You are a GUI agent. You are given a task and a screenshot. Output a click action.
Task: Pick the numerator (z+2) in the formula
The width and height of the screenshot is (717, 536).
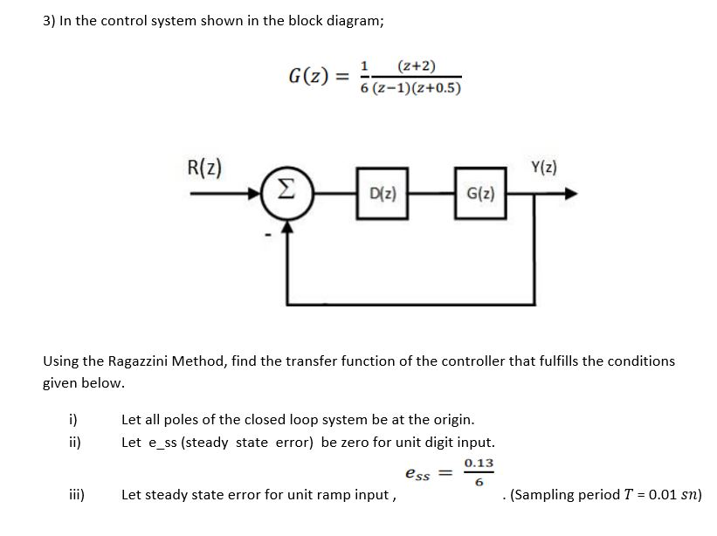417,66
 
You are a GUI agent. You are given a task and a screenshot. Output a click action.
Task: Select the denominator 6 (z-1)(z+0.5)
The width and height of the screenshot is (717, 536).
410,88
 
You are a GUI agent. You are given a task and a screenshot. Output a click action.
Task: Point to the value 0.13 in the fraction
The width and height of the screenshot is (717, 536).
479,463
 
